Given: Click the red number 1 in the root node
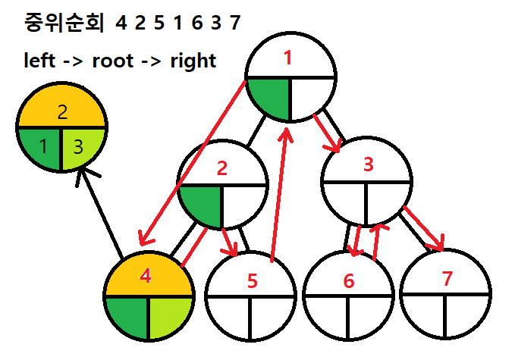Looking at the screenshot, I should click(287, 58).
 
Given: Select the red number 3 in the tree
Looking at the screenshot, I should click(368, 165).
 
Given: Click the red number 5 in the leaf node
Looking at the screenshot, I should click(253, 281).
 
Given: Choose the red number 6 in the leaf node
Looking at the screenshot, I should click(348, 281).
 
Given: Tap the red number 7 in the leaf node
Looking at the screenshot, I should click(447, 278).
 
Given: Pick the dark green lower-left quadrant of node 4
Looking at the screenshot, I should click(127, 316).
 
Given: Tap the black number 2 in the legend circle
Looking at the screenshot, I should click(63, 112).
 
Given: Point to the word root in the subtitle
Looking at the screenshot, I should click(112, 61).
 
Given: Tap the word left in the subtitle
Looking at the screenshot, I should click(39, 61).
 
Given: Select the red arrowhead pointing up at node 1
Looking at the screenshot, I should click(287, 134).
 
